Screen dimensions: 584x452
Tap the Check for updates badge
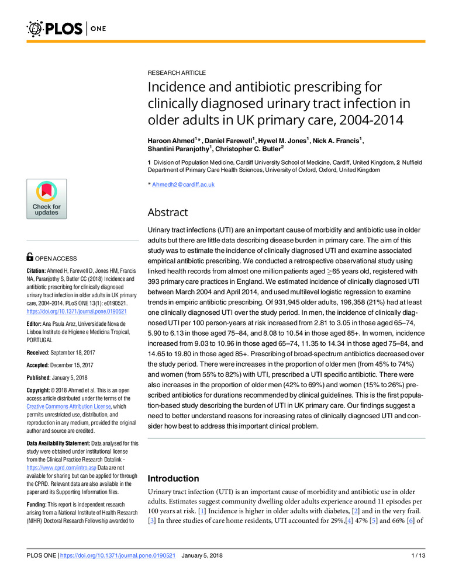click(x=46, y=199)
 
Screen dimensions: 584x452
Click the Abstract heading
click(x=168, y=212)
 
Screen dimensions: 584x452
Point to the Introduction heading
click(x=174, y=478)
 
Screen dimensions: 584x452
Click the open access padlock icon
click(x=30, y=256)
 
